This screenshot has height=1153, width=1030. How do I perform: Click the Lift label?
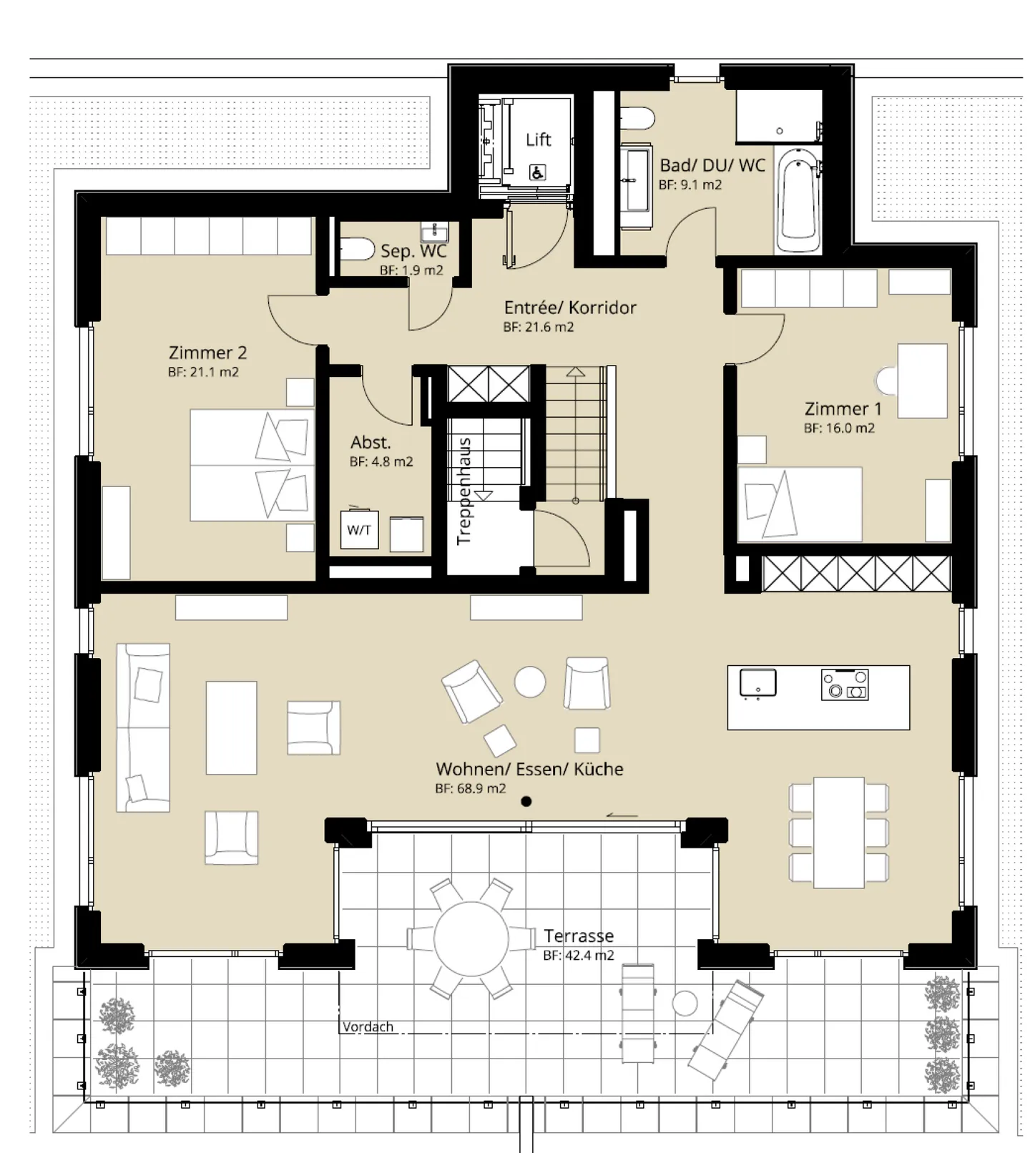pos(538,139)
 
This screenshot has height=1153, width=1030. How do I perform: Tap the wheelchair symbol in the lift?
pos(537,172)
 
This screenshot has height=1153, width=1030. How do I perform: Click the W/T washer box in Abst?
pos(359,530)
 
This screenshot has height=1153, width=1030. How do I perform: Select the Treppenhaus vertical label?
pos(464,491)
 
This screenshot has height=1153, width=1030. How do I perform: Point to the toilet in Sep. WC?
pos(356,250)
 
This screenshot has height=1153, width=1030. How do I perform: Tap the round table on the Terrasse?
pos(471,938)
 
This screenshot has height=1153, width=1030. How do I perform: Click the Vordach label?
pos(368,1026)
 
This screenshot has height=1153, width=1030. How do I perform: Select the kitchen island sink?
pos(757,682)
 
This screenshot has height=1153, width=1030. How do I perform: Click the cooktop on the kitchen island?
pos(845,685)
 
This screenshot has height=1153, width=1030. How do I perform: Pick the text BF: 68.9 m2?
pos(471,788)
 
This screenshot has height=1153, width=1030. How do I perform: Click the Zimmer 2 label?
pos(207,353)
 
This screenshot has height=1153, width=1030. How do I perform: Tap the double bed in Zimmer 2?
pos(252,465)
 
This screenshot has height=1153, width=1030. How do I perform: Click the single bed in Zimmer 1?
pos(800,504)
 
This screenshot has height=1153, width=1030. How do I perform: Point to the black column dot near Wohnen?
pos(526,801)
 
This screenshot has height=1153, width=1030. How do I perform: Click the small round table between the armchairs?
pos(530,682)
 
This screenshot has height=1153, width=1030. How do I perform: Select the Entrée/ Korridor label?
pos(570,308)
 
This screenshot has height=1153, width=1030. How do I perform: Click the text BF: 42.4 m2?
pos(578,956)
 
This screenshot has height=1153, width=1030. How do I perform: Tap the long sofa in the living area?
pos(143,727)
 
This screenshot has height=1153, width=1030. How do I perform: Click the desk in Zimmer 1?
pos(922,381)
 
